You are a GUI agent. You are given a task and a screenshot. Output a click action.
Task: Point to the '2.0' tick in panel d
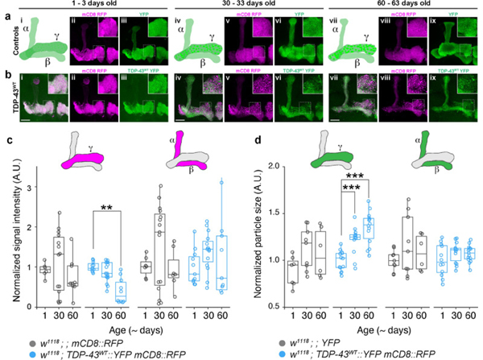(274, 166)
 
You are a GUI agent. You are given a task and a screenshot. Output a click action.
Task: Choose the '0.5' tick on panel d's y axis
(274, 307)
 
